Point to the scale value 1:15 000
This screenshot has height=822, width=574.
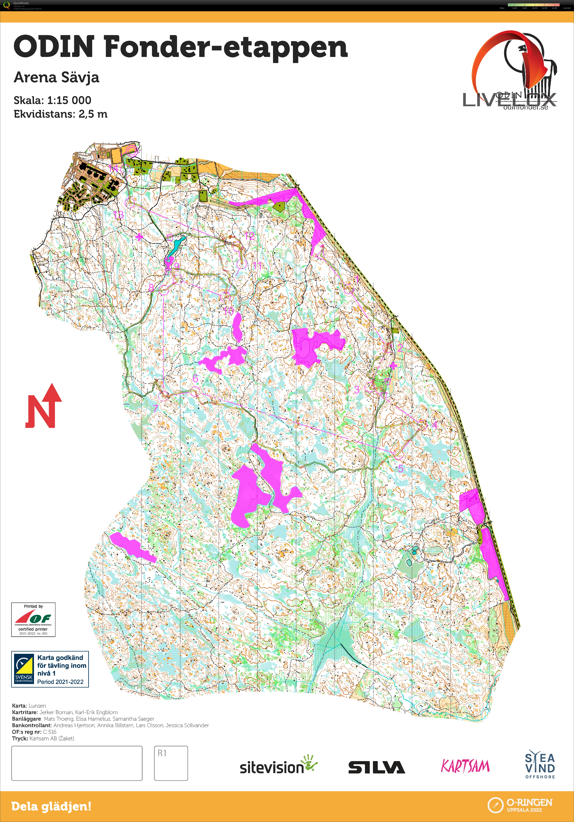[x=69, y=100]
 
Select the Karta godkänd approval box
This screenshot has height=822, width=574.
[x=50, y=669]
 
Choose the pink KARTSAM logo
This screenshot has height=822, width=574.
[x=465, y=766]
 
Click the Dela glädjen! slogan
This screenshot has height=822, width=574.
[x=51, y=806]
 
